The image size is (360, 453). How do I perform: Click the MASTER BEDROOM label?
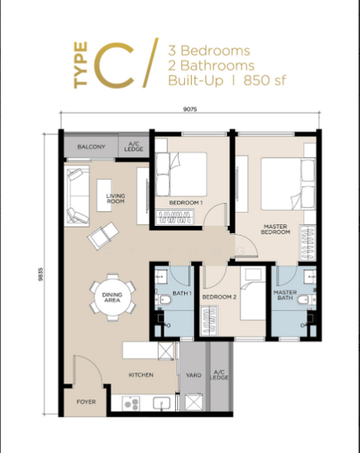pos(275,229)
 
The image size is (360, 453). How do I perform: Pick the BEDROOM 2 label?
pos(220,297)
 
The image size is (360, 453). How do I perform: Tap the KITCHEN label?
pos(141,374)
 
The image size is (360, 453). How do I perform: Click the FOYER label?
pos(86,402)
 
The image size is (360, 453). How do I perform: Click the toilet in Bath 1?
pos(166,300)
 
